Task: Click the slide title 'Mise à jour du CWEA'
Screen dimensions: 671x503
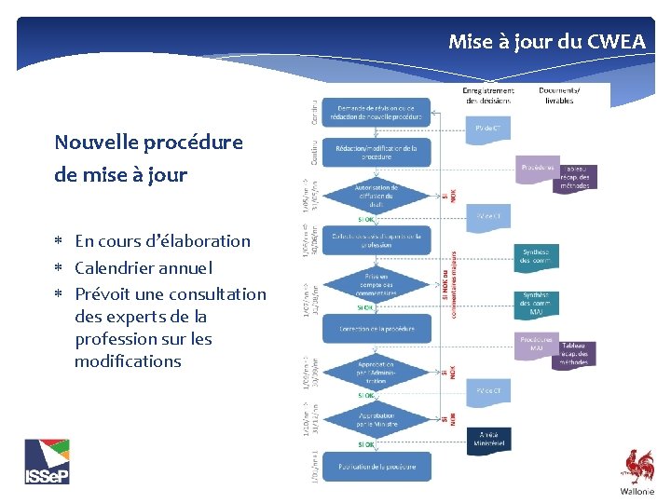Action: pos(546,41)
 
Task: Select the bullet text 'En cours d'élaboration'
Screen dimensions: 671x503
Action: pos(162,241)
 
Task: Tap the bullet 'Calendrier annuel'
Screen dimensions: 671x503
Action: pos(144,268)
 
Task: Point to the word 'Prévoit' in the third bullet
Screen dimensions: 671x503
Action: pos(104,294)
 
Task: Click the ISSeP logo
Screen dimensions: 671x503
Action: pos(47,461)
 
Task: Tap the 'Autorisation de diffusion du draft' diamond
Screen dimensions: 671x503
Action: pos(377,197)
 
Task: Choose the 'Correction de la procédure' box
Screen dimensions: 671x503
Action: pos(377,329)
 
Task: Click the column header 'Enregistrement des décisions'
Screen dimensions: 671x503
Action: pos(488,95)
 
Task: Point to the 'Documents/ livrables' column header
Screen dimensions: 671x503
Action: pos(559,95)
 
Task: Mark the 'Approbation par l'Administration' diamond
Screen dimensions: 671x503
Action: pos(377,373)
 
